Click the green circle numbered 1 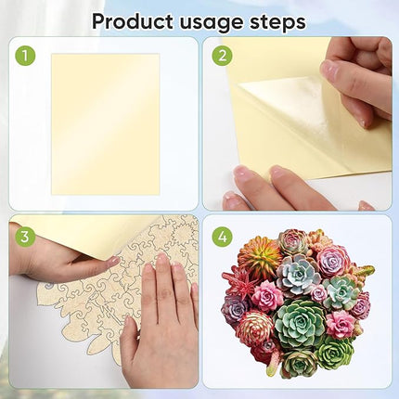26,57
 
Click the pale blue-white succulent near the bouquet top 300,275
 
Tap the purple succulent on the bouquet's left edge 236,310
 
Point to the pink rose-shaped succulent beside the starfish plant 267,296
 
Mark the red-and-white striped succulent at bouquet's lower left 253,328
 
